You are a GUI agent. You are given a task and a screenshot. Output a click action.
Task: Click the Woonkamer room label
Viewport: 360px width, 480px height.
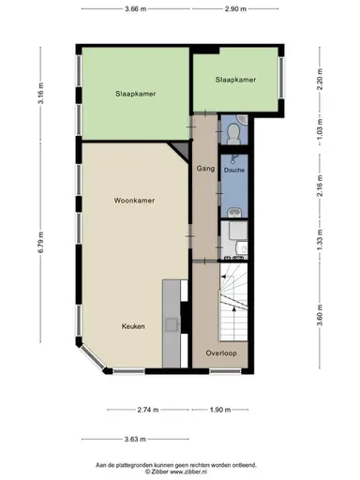pos(134,201)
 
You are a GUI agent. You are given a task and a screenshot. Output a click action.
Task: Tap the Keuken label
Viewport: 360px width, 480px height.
pos(132,326)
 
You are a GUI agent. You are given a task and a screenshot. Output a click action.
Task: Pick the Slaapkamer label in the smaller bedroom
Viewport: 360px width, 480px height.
pos(235,81)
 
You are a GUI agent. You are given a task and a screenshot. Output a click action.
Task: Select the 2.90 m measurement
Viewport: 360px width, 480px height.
pos(235,10)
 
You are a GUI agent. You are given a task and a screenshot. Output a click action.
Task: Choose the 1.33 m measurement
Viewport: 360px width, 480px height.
pos(319,235)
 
